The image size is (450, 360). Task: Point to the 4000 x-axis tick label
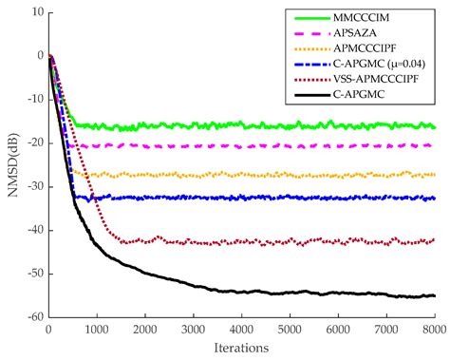tap(241, 331)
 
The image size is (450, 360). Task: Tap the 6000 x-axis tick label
tap(338, 331)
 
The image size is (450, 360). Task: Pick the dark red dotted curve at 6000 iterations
tap(338, 241)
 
